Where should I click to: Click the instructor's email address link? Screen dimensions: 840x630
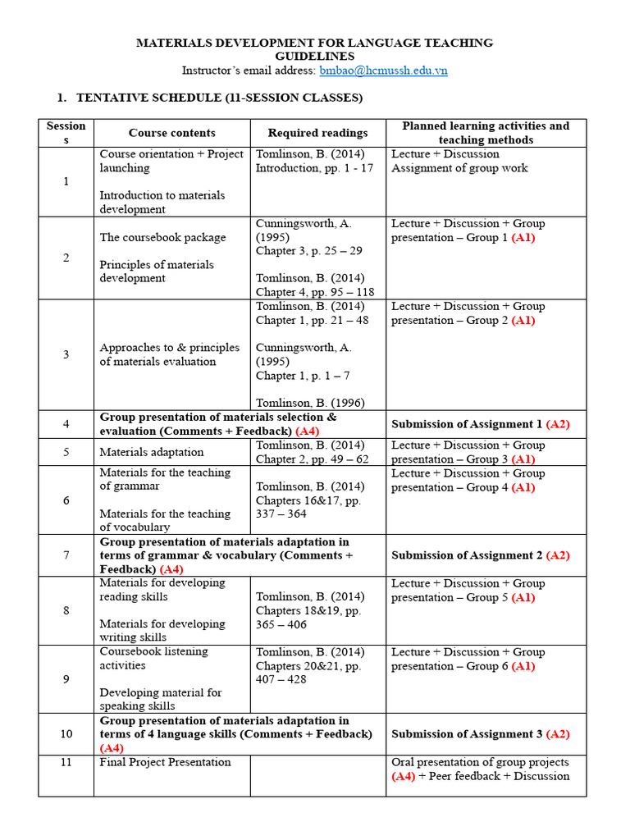(x=383, y=71)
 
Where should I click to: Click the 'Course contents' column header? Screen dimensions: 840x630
(x=172, y=133)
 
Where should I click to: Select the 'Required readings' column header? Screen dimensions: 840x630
(x=317, y=133)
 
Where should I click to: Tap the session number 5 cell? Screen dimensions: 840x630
(x=66, y=452)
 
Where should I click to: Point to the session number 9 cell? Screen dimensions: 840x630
(x=66, y=679)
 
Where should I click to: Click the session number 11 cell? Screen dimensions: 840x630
(x=66, y=763)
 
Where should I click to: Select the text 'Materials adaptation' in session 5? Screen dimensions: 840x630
(x=152, y=452)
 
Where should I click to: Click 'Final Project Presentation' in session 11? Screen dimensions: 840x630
(x=165, y=763)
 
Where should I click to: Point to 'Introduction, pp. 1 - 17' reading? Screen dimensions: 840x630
(x=314, y=168)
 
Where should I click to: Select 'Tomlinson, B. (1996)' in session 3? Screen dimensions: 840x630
(x=310, y=403)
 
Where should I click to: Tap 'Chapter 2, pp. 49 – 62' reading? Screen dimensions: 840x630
(x=312, y=459)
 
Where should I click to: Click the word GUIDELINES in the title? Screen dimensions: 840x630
(x=314, y=57)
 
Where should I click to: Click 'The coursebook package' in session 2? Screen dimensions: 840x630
(x=162, y=237)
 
